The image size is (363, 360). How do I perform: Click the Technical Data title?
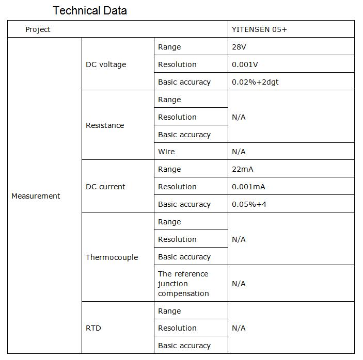point(90,10)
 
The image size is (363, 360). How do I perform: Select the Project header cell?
point(38,29)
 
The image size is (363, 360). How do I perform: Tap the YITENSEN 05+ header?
point(259,29)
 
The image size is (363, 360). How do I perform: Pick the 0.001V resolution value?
point(245,64)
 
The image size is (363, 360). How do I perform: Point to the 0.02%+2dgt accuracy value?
point(255,82)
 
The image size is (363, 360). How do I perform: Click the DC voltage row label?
point(106,64)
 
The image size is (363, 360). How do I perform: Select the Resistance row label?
point(105,125)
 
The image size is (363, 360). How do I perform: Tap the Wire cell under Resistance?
point(166,152)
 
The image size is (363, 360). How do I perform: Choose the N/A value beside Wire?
point(239,152)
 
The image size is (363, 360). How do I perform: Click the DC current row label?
point(105,187)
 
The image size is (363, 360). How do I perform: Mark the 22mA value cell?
point(243,169)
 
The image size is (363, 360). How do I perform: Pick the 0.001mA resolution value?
point(248,187)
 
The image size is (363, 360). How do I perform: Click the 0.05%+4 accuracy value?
point(249,204)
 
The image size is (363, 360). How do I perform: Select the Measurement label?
point(36,196)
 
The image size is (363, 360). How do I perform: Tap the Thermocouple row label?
point(112,257)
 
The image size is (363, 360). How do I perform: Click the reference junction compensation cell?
point(183,284)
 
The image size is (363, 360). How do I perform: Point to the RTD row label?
point(93,328)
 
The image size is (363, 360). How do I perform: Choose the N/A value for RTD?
point(239,328)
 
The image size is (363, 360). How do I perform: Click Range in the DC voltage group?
point(169,47)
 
